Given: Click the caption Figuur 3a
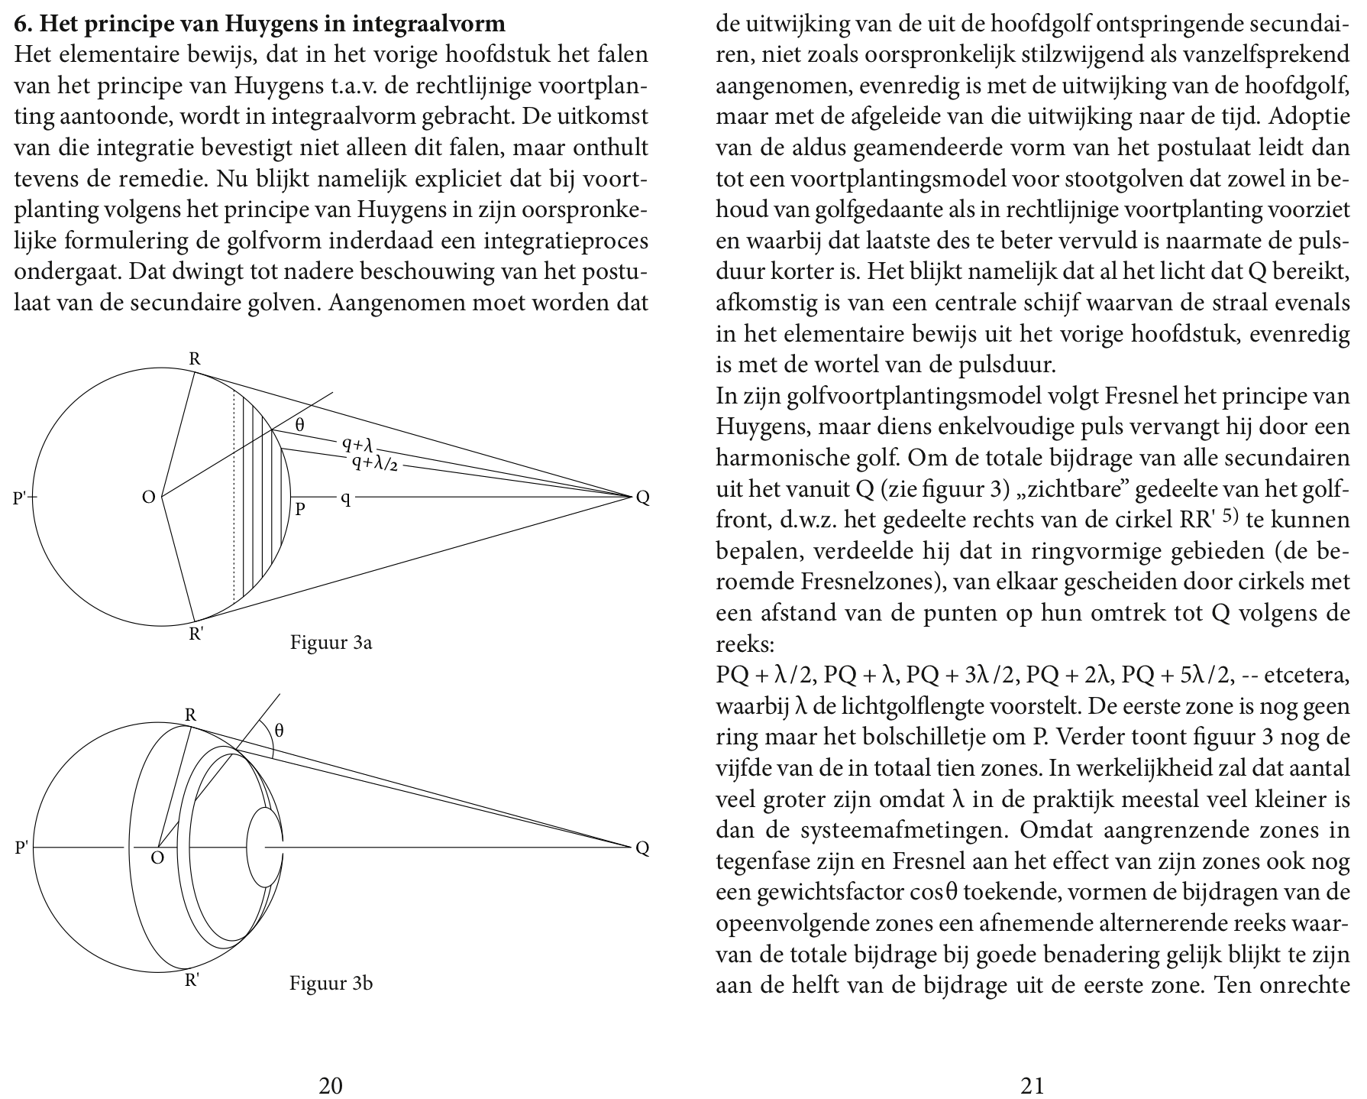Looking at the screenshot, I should (331, 643).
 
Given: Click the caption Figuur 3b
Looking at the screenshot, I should (331, 983).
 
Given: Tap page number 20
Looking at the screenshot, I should (330, 1085).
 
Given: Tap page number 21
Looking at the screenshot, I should (1032, 1085).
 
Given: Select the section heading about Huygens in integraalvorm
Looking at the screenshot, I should (260, 24).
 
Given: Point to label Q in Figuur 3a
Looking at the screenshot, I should (643, 498).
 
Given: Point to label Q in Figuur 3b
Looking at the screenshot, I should (643, 848).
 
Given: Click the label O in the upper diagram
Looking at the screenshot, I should (149, 498).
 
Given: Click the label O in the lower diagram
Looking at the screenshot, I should (157, 857).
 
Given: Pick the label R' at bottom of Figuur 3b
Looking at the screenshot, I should (192, 981).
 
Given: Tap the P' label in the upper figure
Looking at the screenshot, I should (20, 498).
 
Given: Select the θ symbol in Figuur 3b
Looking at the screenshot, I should (280, 730).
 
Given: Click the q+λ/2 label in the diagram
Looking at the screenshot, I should (375, 463).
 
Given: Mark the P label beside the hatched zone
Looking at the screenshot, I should (301, 508).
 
